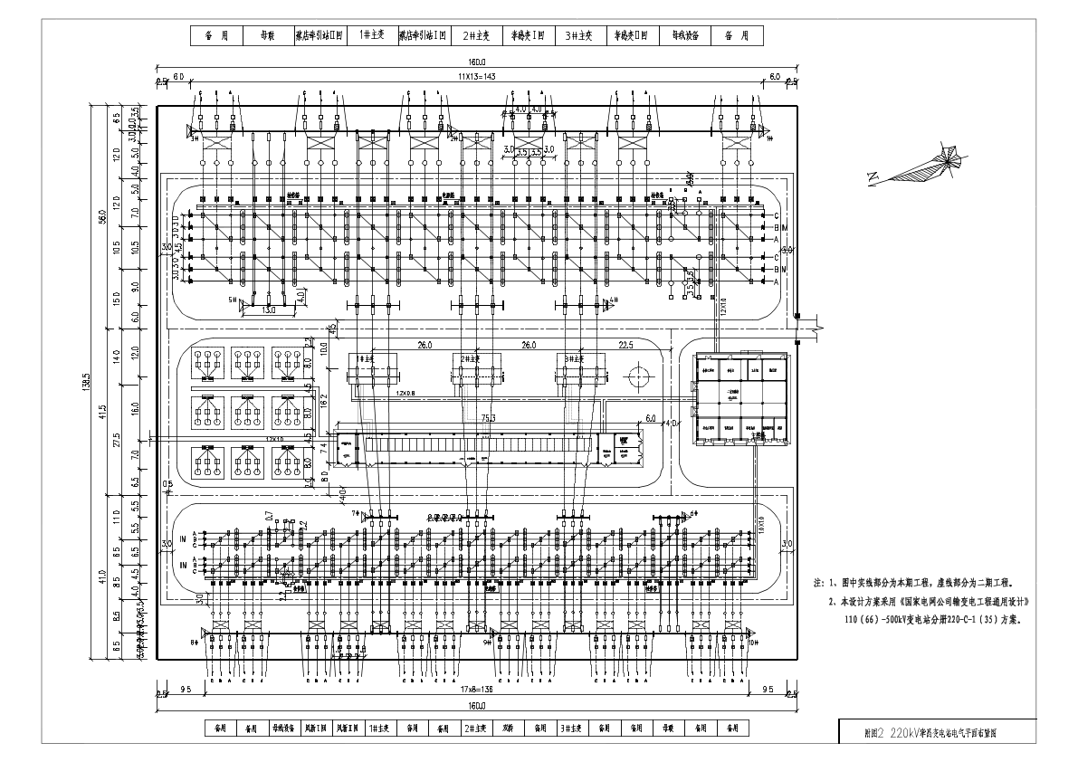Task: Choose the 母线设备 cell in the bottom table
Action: coord(288,728)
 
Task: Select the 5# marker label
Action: coord(232,300)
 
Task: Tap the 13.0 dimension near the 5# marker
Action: coord(268,310)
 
